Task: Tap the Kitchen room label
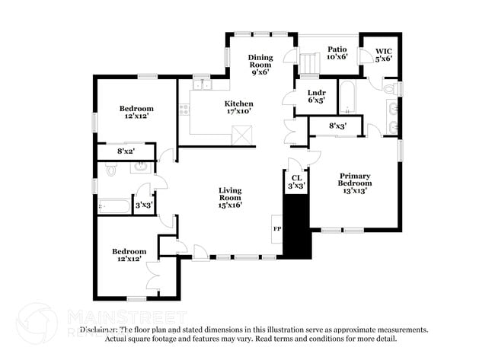(238, 104)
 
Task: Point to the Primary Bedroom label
(356, 180)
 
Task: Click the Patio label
(337, 49)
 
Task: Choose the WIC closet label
(383, 53)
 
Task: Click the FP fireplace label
(276, 228)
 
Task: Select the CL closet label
(296, 177)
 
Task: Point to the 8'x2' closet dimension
(126, 151)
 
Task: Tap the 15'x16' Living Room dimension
(230, 204)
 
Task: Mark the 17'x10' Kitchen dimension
(238, 112)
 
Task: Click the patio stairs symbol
(308, 64)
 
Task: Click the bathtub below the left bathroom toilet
(113, 206)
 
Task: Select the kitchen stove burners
(184, 110)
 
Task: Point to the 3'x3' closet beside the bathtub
(142, 204)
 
